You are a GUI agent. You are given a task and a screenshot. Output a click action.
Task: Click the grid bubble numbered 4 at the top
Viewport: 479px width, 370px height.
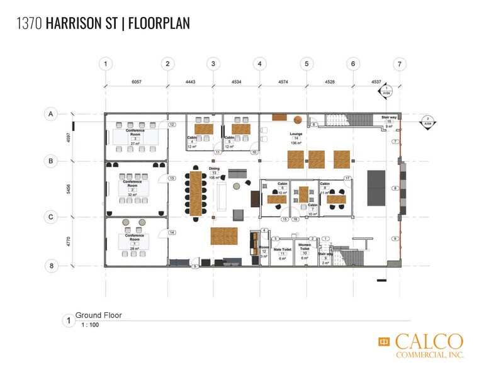259,64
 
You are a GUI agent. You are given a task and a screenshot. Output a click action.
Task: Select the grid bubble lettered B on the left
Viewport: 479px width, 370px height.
48,161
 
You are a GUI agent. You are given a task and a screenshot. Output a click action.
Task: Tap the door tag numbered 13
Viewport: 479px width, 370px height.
172,179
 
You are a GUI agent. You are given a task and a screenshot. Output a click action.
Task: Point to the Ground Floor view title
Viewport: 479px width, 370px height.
99,315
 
